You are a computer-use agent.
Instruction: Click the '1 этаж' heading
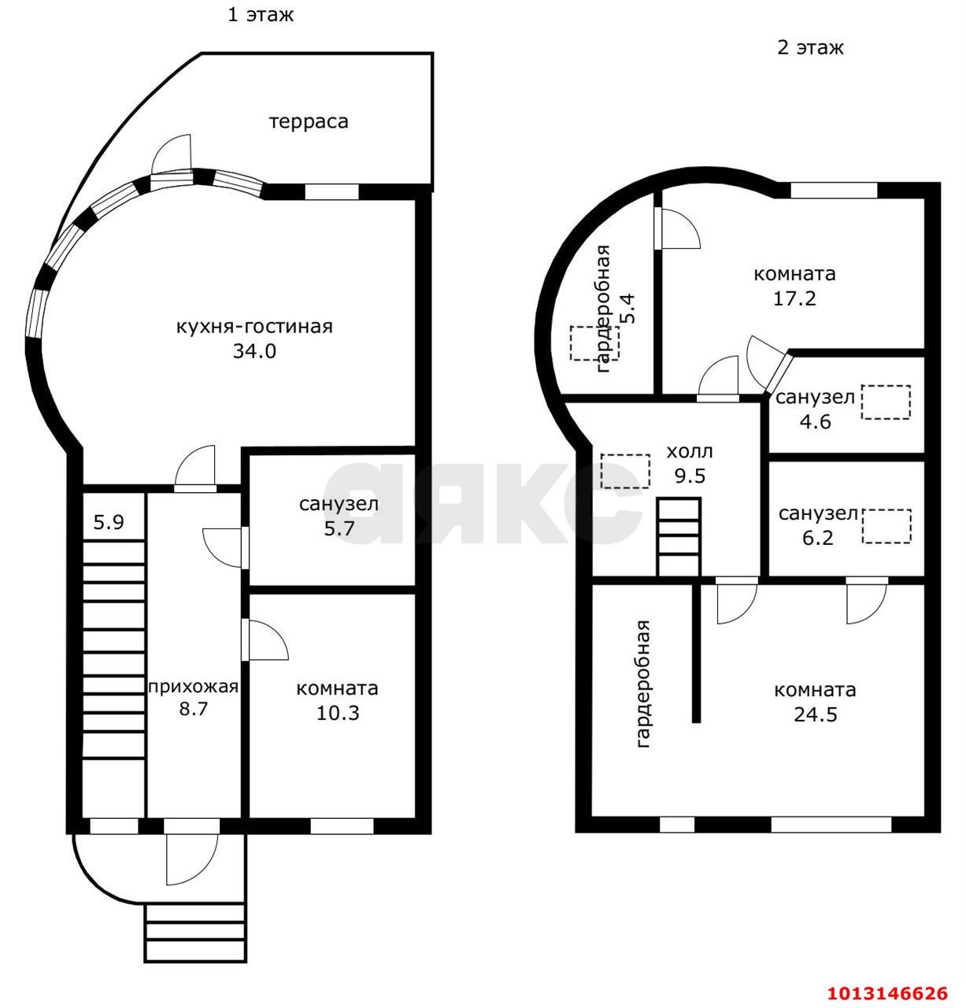261,14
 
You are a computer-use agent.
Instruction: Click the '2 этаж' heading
810,48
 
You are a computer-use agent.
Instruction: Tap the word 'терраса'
309,122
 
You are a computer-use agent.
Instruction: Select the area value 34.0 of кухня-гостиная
254,350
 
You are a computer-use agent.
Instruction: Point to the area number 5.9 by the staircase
109,521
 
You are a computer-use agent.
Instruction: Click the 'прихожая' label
193,687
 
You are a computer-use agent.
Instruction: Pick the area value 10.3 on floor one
338,713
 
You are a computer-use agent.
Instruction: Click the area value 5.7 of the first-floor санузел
339,528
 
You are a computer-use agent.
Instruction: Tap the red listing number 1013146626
887,993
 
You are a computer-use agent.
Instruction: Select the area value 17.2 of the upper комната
794,298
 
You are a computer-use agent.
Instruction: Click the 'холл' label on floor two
690,452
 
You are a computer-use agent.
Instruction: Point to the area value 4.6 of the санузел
816,421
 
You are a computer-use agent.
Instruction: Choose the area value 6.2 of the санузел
818,537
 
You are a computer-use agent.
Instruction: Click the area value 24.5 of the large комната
816,715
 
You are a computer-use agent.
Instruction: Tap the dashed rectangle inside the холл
625,471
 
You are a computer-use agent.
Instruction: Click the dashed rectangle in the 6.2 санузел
886,526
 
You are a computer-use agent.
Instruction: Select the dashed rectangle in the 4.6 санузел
886,402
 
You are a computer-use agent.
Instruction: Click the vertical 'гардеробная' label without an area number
642,684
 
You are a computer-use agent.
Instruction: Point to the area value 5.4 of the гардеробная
629,308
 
